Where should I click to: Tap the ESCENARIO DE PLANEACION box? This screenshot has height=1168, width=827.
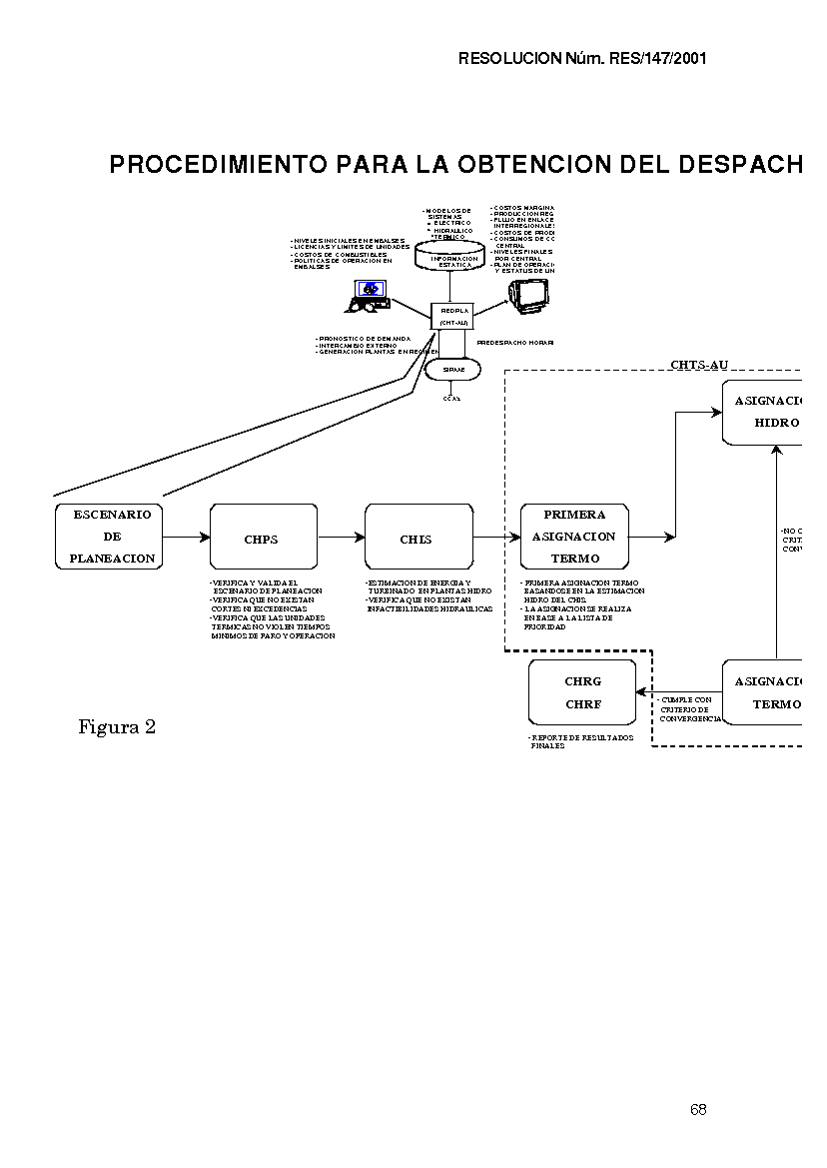[x=109, y=537]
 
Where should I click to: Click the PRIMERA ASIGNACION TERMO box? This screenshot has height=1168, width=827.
[x=574, y=537]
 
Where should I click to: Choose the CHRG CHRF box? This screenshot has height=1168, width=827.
[x=582, y=692]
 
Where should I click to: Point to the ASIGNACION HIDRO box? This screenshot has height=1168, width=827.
[x=767, y=411]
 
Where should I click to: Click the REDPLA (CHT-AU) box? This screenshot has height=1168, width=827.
[x=454, y=316]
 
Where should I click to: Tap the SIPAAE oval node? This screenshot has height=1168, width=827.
[x=453, y=370]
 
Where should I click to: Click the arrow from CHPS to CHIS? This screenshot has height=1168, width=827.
[x=342, y=537]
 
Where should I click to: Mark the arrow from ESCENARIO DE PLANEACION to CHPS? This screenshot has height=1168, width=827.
[x=186, y=537]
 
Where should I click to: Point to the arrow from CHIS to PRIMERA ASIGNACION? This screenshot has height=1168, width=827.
[x=496, y=537]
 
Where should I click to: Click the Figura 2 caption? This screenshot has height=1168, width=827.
[x=117, y=727]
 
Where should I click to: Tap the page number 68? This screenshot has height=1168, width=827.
[x=697, y=1110]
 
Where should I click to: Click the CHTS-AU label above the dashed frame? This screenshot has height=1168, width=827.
[x=698, y=365]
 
